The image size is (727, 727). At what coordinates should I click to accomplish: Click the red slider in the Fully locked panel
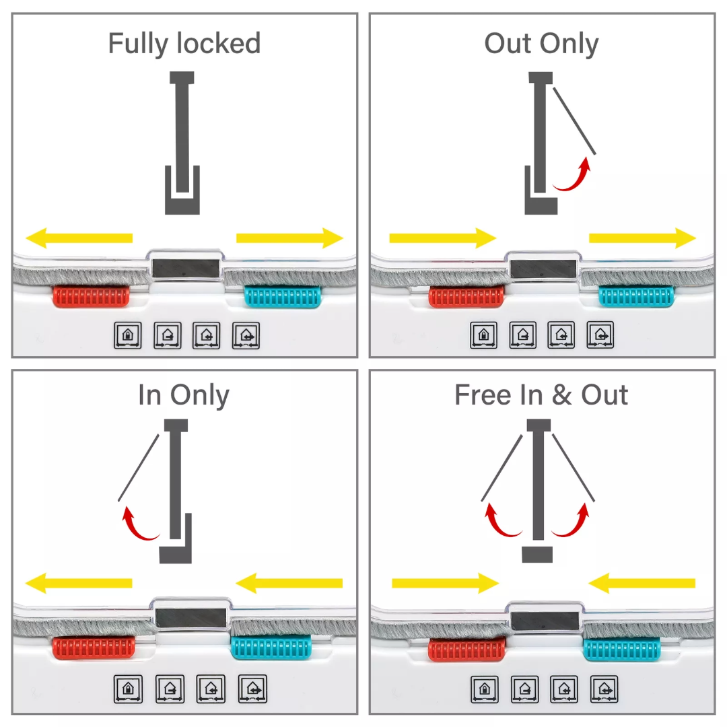[91, 296]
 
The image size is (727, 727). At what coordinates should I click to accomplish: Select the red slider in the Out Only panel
[466, 296]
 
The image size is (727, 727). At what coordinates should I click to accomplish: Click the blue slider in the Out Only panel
[636, 296]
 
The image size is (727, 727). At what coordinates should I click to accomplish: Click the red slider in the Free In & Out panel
[466, 650]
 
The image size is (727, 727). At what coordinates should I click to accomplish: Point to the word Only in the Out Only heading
[569, 44]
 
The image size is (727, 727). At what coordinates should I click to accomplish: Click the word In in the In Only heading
[149, 395]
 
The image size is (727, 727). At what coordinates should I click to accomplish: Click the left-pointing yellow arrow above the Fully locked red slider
[79, 238]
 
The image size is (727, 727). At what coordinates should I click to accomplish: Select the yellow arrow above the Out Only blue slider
[642, 238]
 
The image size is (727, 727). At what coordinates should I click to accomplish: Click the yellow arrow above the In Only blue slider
[289, 582]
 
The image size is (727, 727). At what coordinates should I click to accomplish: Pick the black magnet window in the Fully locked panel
[186, 268]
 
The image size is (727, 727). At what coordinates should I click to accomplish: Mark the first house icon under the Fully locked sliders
[128, 335]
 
